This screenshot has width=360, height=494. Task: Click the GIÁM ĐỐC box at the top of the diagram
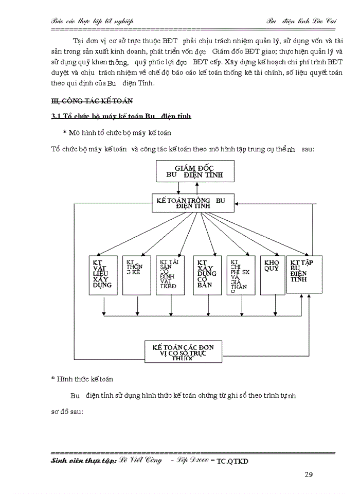195,171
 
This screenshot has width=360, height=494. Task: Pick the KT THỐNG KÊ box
136,275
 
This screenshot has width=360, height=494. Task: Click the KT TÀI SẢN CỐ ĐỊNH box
171,275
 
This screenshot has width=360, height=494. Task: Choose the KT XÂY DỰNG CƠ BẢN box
207,275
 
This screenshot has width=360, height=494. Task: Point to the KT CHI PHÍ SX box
241,275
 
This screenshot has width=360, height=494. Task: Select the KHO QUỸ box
272,275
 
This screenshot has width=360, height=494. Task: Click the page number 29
309,474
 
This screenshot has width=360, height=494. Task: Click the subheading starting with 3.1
121,116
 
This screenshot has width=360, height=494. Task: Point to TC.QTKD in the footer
232,462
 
